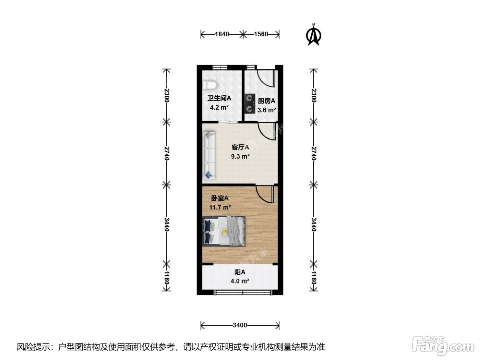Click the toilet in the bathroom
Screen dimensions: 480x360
click(x=210, y=85)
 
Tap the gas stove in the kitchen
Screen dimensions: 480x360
click(x=250, y=104)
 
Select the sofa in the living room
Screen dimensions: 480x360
click(x=209, y=155)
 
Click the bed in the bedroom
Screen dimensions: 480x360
click(x=224, y=231)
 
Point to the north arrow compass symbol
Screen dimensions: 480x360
click(x=313, y=35)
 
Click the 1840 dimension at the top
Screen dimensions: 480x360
click(x=222, y=34)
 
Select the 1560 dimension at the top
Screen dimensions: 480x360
click(x=261, y=34)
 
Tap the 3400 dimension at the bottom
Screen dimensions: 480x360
click(x=240, y=325)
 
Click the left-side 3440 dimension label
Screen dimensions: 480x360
click(x=166, y=225)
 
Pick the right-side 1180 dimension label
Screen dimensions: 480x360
click(x=314, y=278)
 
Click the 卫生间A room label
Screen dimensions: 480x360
click(x=219, y=98)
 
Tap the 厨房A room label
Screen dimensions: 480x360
click(x=266, y=101)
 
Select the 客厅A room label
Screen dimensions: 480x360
click(x=240, y=147)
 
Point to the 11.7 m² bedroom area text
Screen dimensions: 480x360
click(x=220, y=207)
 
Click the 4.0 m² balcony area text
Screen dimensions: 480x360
click(x=240, y=281)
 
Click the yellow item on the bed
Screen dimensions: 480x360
click(x=225, y=232)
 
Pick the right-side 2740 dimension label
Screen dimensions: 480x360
click(x=314, y=153)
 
